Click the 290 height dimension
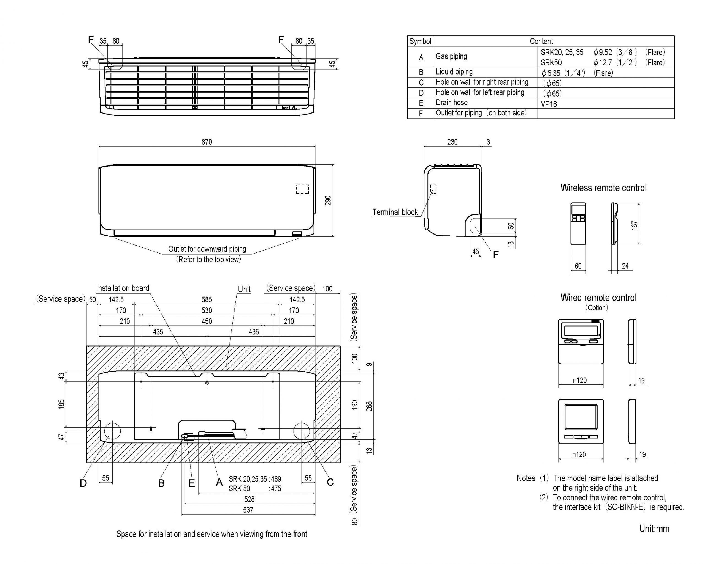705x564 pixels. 328,200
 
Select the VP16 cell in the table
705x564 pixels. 549,104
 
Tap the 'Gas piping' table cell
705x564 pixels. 451,56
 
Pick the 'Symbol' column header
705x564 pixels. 420,42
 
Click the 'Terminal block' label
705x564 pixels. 395,212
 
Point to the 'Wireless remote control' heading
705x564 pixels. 603,188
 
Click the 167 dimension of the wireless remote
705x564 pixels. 635,225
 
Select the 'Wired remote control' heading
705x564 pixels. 598,298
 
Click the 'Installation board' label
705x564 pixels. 123,288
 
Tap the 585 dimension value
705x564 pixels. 207,299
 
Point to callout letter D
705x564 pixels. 83,483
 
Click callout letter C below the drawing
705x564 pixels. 330,482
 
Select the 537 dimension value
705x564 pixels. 248,510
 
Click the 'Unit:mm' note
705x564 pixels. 654,529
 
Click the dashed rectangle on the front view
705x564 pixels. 302,189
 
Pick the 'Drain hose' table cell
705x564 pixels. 452,103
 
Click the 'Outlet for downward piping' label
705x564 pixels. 207,249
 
